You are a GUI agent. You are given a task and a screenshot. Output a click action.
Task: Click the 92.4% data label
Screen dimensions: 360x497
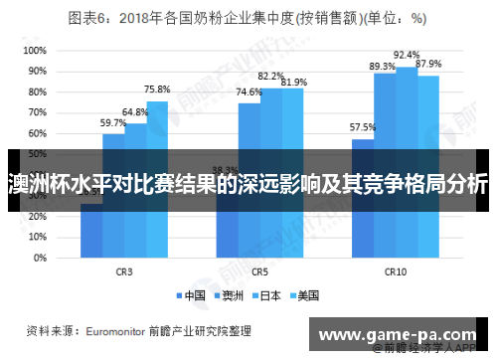pyautogui.click(x=407, y=55)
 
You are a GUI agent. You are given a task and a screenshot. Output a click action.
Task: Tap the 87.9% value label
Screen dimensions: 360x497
pyautogui.click(x=428, y=64)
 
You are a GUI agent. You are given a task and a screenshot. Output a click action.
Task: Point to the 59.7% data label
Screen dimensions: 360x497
pyautogui.click(x=113, y=122)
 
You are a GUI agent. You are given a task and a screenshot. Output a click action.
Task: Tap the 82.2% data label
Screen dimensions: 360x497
pyautogui.click(x=271, y=76)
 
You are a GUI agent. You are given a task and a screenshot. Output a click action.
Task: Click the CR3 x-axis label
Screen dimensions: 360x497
pyautogui.click(x=124, y=270)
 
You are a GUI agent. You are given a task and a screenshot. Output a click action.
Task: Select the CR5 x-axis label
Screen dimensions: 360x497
pyautogui.click(x=260, y=270)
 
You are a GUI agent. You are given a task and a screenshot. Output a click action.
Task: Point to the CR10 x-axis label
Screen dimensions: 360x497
pyautogui.click(x=396, y=270)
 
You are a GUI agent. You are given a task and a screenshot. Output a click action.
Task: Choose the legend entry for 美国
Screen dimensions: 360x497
pyautogui.click(x=305, y=295)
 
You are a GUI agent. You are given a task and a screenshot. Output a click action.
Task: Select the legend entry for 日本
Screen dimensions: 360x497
pyautogui.click(x=268, y=295)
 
